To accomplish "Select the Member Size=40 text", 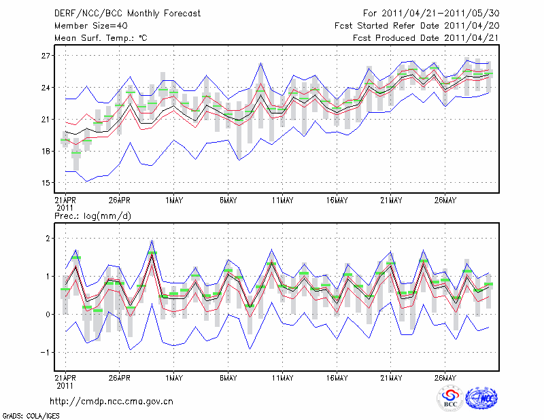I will (85, 26).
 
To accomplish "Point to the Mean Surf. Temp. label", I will (100, 38).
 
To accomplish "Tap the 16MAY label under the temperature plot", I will (337, 200).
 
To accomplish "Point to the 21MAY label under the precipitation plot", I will (391, 378).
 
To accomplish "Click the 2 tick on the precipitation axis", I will (47, 239).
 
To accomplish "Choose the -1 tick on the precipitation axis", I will (45, 352).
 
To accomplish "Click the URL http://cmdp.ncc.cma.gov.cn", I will (112, 402).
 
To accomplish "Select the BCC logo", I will (450, 399).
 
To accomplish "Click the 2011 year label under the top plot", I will (64, 207).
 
